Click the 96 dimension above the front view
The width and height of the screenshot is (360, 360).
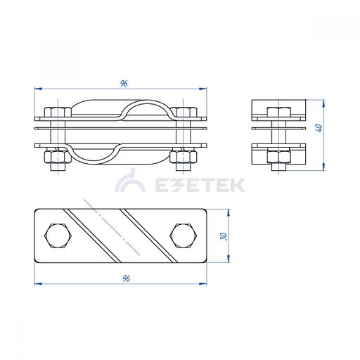tap(124, 84)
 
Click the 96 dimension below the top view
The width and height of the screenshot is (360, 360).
tap(126, 278)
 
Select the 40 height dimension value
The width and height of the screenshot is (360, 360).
tap(319, 128)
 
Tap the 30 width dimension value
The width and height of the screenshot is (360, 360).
tap(224, 236)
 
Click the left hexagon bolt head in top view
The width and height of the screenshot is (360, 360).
tap(58, 236)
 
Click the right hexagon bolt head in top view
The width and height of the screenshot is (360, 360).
tap(184, 236)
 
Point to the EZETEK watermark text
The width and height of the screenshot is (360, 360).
tap(200, 185)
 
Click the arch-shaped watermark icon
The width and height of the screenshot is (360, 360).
tap(130, 181)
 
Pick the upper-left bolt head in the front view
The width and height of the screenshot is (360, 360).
tap(58, 112)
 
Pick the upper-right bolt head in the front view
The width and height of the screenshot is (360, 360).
tap(184, 112)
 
